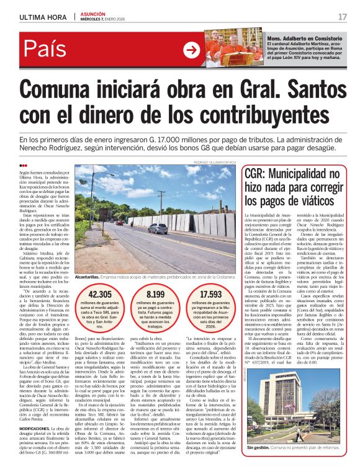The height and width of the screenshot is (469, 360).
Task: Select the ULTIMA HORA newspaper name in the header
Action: (43, 16)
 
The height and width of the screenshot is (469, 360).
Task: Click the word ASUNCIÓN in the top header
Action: (92, 13)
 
